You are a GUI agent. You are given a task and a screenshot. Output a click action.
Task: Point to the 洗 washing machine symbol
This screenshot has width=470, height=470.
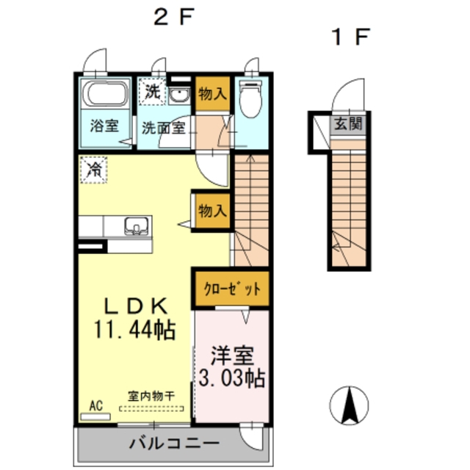click(152, 92)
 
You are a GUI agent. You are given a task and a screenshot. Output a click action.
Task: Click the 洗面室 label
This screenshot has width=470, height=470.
click(163, 127)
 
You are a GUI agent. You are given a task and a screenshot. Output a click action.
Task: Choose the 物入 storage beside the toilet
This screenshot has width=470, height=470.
click(213, 94)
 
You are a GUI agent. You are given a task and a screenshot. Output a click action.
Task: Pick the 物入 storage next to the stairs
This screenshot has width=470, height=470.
click(211, 211)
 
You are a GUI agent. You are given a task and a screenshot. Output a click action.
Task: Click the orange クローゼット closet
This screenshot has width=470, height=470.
click(231, 288)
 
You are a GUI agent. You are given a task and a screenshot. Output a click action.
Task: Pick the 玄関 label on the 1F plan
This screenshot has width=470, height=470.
click(347, 124)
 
